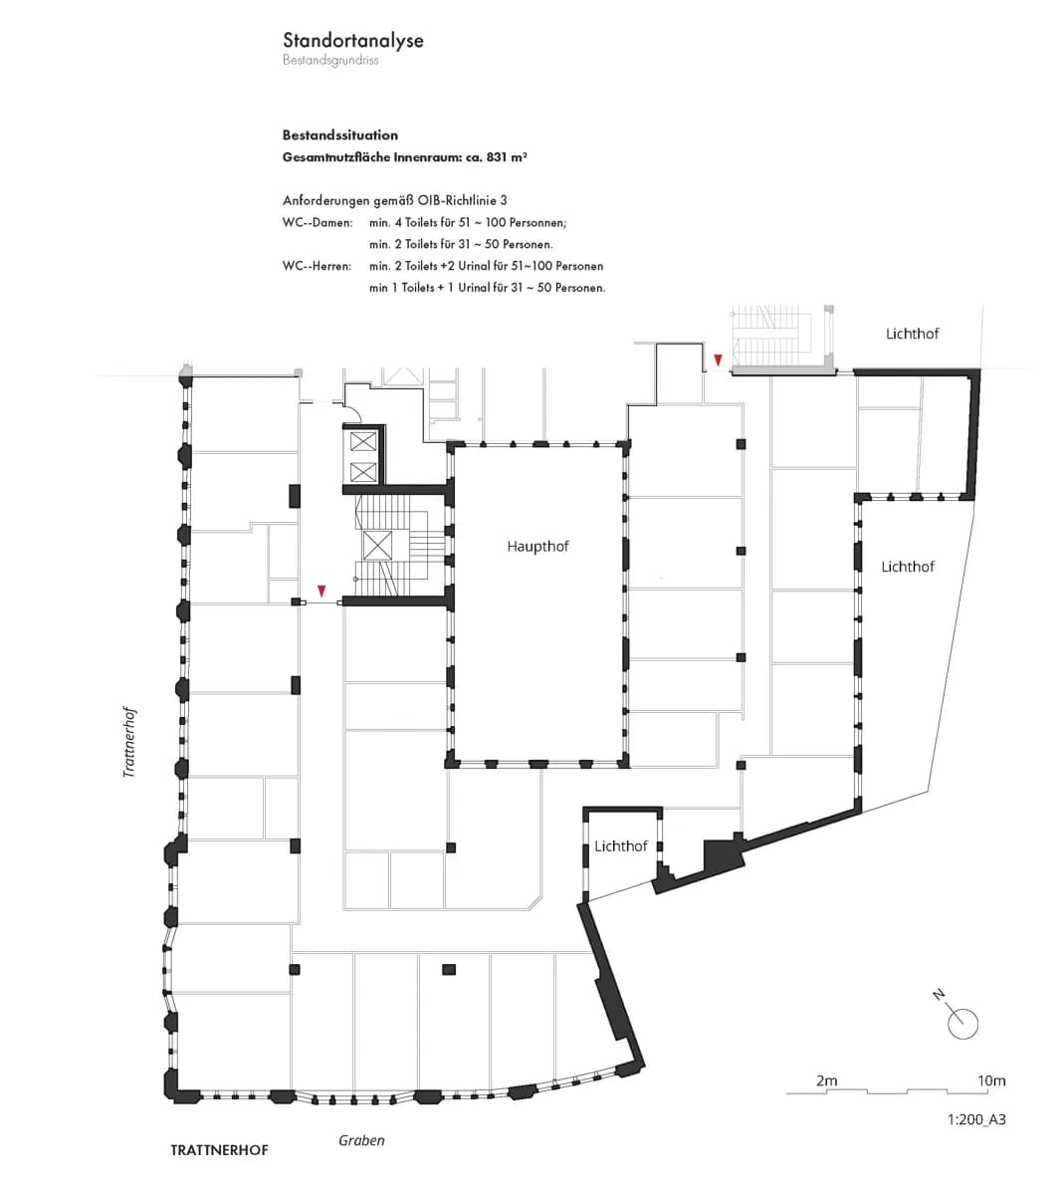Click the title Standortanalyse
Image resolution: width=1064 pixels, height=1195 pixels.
coord(352,41)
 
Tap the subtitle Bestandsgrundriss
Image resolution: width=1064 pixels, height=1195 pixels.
coord(330,60)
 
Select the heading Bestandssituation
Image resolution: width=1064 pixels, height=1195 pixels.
coord(340,135)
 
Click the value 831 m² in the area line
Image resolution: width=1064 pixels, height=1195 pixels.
coord(507,157)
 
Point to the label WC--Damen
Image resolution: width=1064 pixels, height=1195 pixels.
coord(318,223)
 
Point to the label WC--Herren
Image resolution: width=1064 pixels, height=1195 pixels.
coord(317,266)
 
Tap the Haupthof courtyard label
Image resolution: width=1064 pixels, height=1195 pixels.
coord(537,547)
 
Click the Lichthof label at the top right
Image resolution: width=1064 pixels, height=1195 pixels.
coord(912,334)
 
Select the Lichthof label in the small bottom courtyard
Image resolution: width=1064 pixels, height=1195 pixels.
coord(621,846)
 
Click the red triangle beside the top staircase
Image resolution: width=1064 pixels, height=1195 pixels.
coord(718,359)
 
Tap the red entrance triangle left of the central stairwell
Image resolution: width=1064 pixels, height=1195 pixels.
coord(321,591)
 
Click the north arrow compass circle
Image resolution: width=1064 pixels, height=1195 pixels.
coord(962,1024)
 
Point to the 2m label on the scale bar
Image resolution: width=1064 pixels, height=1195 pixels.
coord(826,1080)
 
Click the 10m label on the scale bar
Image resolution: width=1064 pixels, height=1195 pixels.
coord(991,1080)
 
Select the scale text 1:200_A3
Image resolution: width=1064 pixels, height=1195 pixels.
coord(976,1119)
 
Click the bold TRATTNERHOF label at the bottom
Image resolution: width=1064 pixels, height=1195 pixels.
coord(219,1150)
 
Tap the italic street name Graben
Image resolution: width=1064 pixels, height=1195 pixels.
coord(361,1141)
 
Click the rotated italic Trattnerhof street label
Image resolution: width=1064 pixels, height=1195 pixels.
coord(129,742)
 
